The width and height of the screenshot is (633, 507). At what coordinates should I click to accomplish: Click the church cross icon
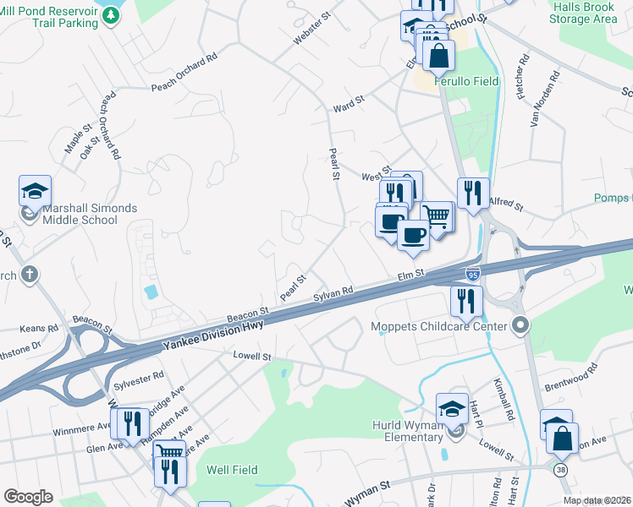coord(29,274)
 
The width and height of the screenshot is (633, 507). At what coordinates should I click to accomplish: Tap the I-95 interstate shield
coord(474,273)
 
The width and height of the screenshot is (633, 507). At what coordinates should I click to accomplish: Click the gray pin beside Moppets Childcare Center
coord(521,325)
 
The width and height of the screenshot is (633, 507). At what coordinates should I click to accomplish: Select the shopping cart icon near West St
coord(437,215)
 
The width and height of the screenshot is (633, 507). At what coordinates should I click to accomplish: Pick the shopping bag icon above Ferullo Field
coord(439,56)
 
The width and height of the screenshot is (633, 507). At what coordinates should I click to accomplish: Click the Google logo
coord(28,497)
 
